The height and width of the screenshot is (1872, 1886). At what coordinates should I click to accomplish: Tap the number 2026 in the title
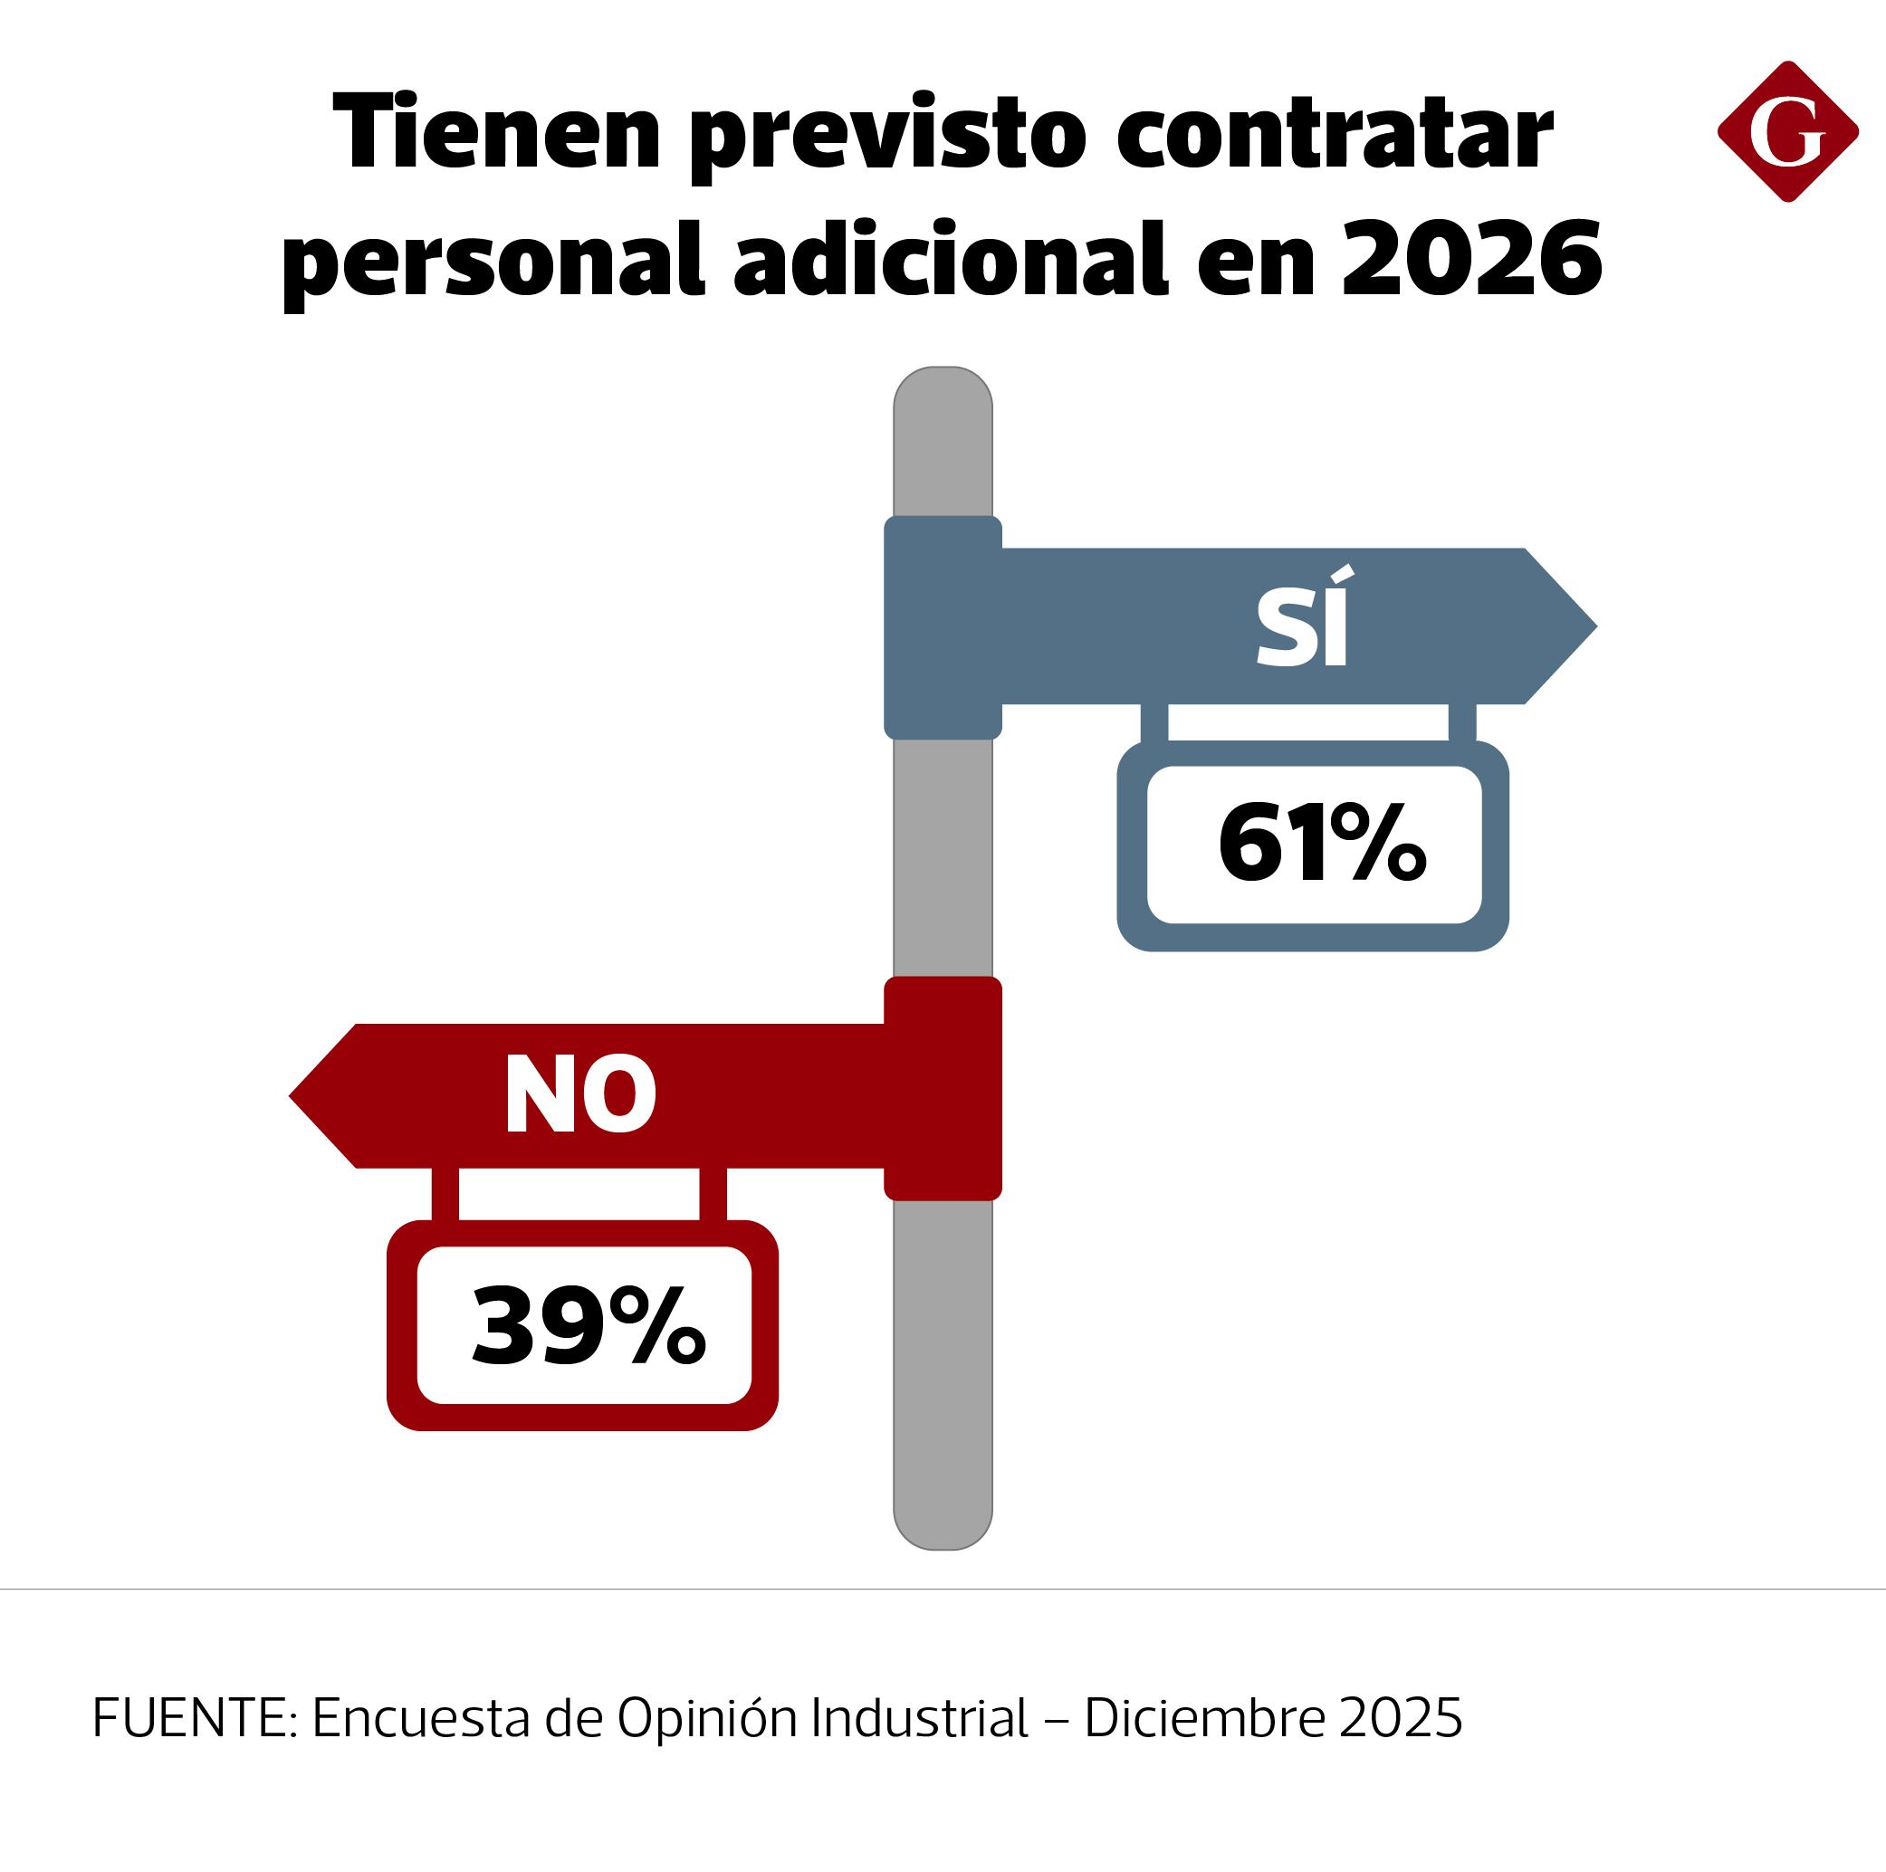(1471, 259)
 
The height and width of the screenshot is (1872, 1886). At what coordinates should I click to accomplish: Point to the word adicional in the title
(950, 259)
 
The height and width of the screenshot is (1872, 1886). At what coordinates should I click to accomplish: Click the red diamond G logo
(1787, 133)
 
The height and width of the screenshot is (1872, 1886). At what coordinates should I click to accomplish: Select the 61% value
(1321, 844)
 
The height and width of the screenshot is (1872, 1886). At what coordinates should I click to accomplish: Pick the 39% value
(587, 1325)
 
